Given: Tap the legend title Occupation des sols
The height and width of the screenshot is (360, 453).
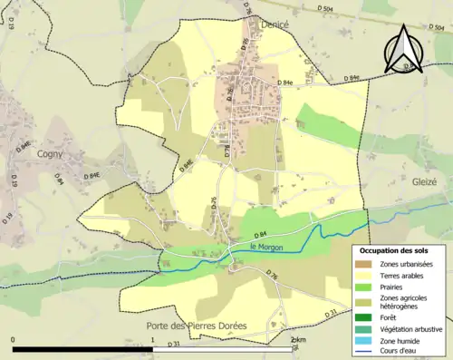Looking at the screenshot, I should click(399, 250).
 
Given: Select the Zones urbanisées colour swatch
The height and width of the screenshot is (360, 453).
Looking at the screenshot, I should click(368, 264).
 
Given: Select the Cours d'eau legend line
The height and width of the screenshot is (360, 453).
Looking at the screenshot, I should click(368, 352).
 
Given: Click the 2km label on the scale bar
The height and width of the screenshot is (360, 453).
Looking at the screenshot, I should click(292, 340).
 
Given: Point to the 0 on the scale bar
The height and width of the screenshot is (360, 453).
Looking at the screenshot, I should click(14, 340).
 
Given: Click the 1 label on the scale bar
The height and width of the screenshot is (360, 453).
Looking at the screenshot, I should click(152, 340).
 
